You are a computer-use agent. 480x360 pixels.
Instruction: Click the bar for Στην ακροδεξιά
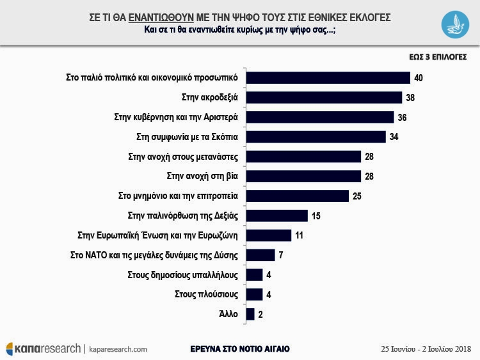(x=324, y=97)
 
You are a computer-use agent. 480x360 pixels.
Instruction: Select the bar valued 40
(x=328, y=77)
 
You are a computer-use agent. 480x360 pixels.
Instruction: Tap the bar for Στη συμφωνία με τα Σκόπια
(x=316, y=137)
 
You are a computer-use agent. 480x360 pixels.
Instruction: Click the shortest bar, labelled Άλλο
(x=250, y=314)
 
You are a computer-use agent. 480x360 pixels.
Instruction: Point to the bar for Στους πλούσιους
(x=255, y=294)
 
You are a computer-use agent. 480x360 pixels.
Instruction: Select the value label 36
(x=403, y=118)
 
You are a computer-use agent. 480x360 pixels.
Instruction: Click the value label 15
(x=316, y=216)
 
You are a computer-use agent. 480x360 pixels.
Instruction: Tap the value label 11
(x=300, y=235)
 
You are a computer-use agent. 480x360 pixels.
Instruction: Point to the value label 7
(x=280, y=255)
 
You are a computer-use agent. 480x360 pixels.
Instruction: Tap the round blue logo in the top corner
(x=456, y=23)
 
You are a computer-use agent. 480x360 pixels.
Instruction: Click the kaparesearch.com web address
(x=118, y=349)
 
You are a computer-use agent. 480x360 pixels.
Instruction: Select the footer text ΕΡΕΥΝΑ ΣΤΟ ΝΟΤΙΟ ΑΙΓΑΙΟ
(x=240, y=349)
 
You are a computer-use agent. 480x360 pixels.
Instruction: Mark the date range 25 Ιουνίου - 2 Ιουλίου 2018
(x=426, y=349)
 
